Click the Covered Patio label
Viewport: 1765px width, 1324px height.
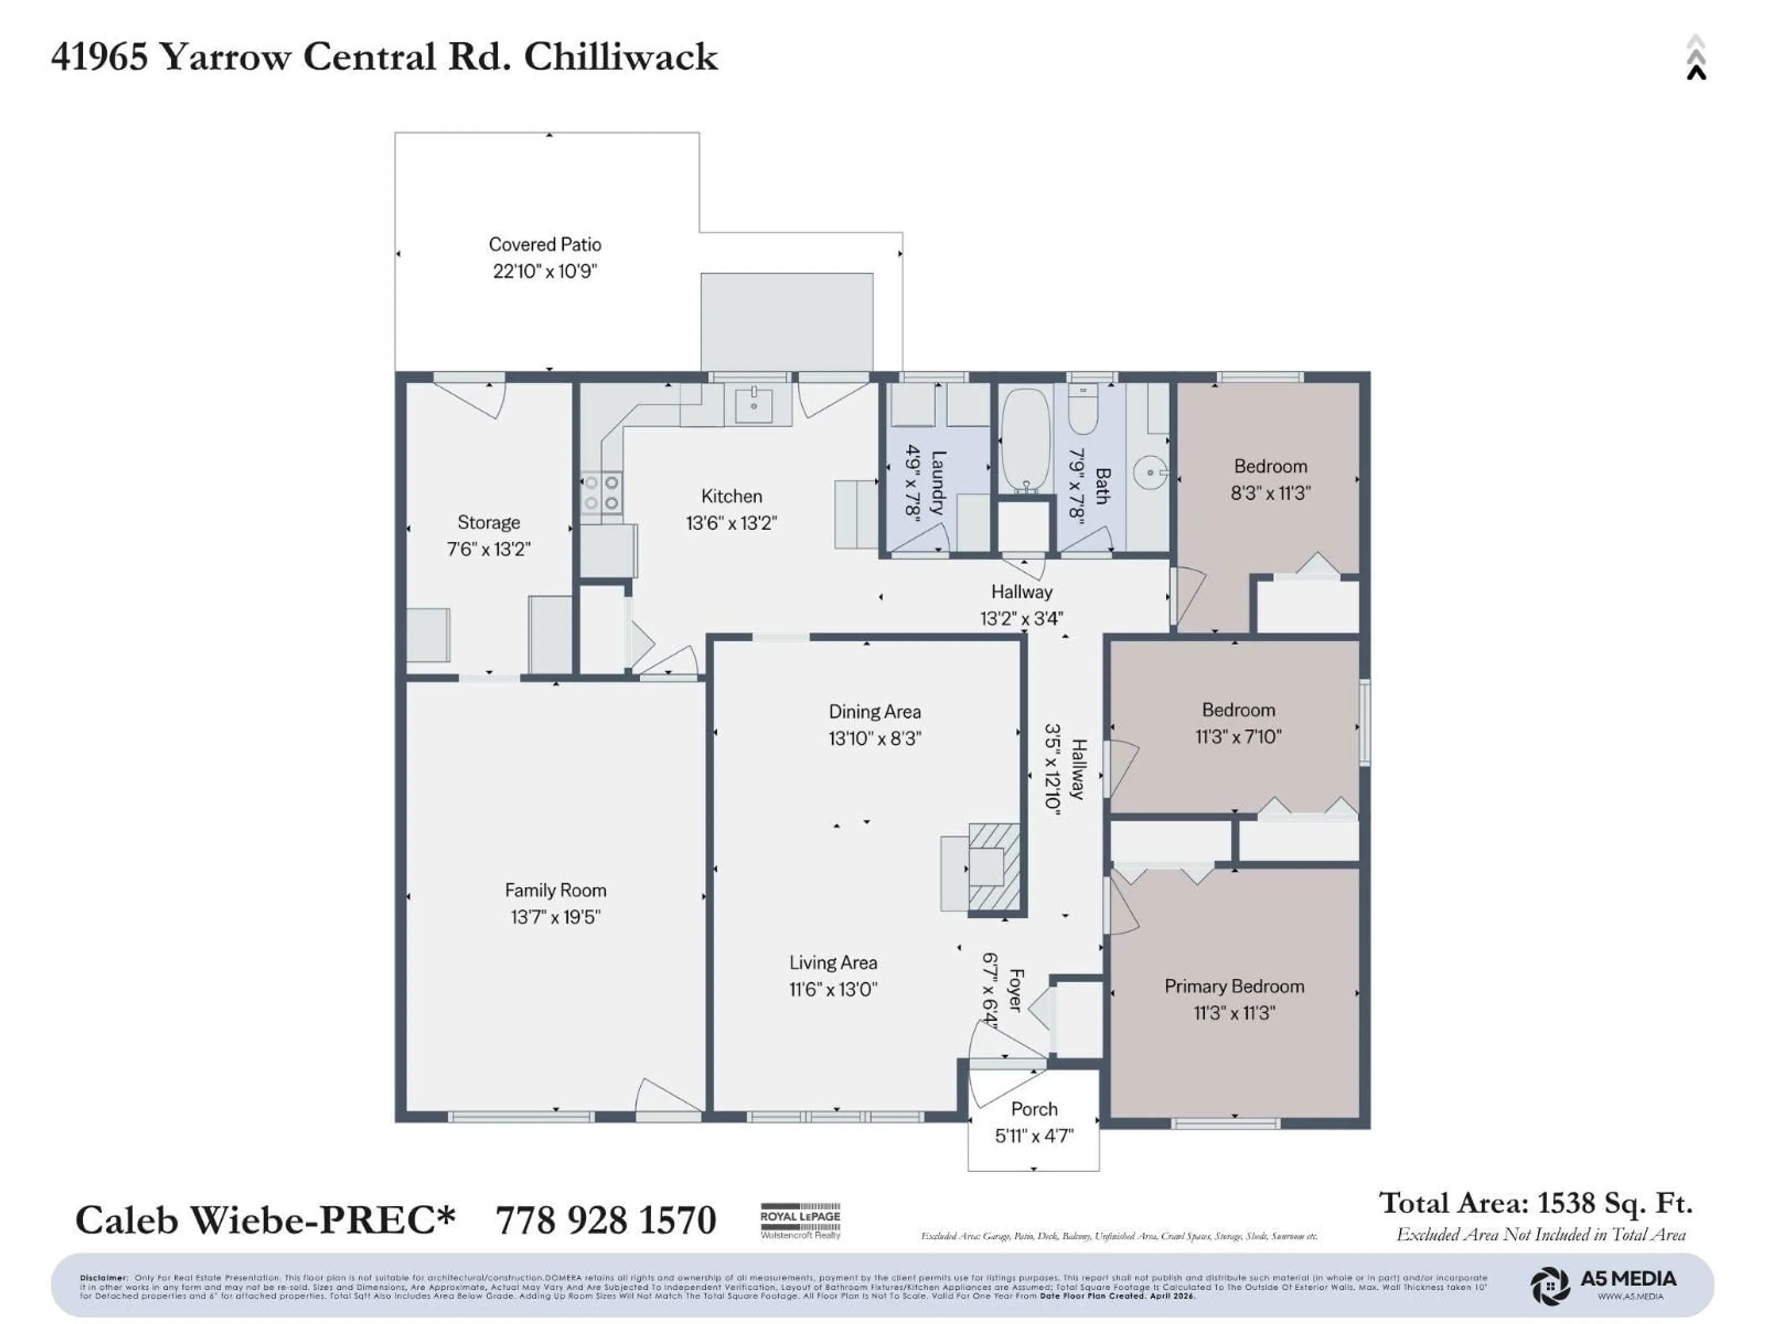pyautogui.click(x=545, y=244)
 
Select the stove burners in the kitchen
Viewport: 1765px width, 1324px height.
pyautogui.click(x=601, y=492)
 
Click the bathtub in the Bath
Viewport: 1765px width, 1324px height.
pyautogui.click(x=1026, y=440)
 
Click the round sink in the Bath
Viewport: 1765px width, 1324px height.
pyautogui.click(x=1150, y=473)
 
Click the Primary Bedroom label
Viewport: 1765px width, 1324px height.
pyautogui.click(x=1234, y=987)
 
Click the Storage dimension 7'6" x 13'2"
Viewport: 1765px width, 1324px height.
pyautogui.click(x=488, y=549)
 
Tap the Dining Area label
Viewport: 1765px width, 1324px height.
pyautogui.click(x=875, y=711)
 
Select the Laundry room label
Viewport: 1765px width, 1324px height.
pyautogui.click(x=939, y=482)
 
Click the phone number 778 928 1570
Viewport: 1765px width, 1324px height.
pyautogui.click(x=606, y=1220)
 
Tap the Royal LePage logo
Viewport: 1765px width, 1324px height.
pyautogui.click(x=800, y=1220)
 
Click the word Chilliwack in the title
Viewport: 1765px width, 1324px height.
pyautogui.click(x=621, y=57)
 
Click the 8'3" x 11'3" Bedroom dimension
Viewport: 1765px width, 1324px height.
pyautogui.click(x=1270, y=493)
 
